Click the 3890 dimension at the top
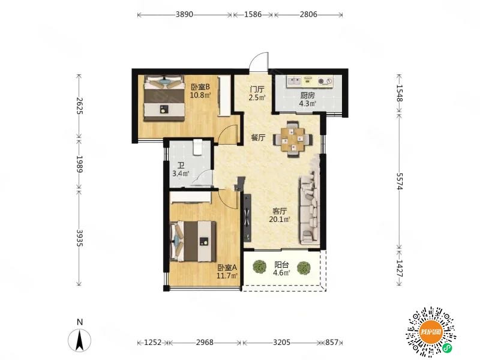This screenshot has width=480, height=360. (184, 14)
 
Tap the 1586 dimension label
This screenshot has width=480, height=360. (253, 14)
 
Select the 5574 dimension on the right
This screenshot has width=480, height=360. (399, 181)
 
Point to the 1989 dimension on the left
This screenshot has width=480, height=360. (79, 164)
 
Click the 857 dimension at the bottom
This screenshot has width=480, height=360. (332, 342)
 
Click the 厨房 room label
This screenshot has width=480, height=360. (307, 95)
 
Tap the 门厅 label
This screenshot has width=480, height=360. (257, 89)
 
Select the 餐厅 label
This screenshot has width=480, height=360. (258, 138)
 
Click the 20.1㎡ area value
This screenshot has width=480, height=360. (280, 219)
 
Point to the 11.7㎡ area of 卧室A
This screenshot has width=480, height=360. (227, 276)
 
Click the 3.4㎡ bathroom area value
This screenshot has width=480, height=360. (181, 173)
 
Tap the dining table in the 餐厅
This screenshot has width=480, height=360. (293, 139)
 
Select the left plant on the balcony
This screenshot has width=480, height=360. (260, 267)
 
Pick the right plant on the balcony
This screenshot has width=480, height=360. (304, 268)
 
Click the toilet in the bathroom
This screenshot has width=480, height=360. (197, 148)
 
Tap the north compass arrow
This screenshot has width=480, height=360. (80, 340)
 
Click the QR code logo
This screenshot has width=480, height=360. (431, 332)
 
